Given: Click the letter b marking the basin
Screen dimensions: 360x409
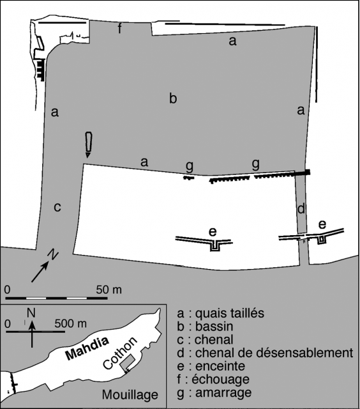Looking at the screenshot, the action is [173, 98].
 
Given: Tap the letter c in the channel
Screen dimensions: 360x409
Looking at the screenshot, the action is [57, 207].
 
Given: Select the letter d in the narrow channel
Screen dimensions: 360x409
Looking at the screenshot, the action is [301, 209].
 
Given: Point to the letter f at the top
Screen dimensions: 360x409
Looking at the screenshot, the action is [119, 28].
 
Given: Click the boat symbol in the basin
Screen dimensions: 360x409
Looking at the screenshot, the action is [89, 145].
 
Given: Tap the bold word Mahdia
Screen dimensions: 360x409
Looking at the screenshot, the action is [87, 348].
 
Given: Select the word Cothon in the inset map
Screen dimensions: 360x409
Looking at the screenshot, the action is [120, 353].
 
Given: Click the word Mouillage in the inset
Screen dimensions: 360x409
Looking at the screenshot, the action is [130, 395].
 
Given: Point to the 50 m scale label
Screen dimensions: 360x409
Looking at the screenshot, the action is [109, 289].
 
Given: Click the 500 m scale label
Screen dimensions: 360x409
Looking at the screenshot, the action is [70, 324].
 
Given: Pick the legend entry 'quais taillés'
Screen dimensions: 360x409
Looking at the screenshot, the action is [230, 313].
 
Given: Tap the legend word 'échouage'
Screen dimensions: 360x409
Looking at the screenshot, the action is [220, 380].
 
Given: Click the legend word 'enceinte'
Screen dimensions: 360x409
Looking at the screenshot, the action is [220, 366].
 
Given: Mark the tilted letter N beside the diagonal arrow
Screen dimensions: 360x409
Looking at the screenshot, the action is [53, 254].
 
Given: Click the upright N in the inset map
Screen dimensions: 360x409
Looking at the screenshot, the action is [31, 313].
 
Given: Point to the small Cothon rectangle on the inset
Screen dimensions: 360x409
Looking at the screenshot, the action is [128, 362].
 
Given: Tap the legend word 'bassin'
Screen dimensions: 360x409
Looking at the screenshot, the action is [214, 327].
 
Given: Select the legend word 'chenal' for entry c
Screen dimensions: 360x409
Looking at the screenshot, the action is [214, 339].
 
